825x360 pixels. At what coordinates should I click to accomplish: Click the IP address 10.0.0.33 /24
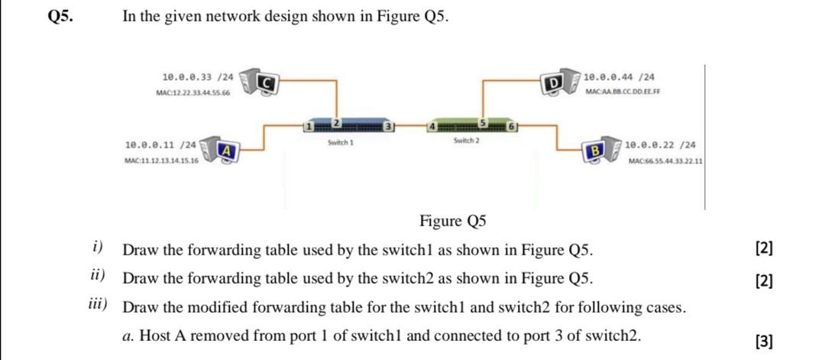click(198, 77)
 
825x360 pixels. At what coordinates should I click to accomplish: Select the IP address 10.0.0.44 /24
click(618, 77)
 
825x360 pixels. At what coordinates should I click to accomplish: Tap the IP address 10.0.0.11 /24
click(160, 144)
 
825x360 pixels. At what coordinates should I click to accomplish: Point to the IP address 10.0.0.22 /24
click(660, 144)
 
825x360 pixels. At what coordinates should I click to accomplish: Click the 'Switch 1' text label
click(340, 142)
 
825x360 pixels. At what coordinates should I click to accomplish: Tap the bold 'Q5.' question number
click(60, 17)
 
